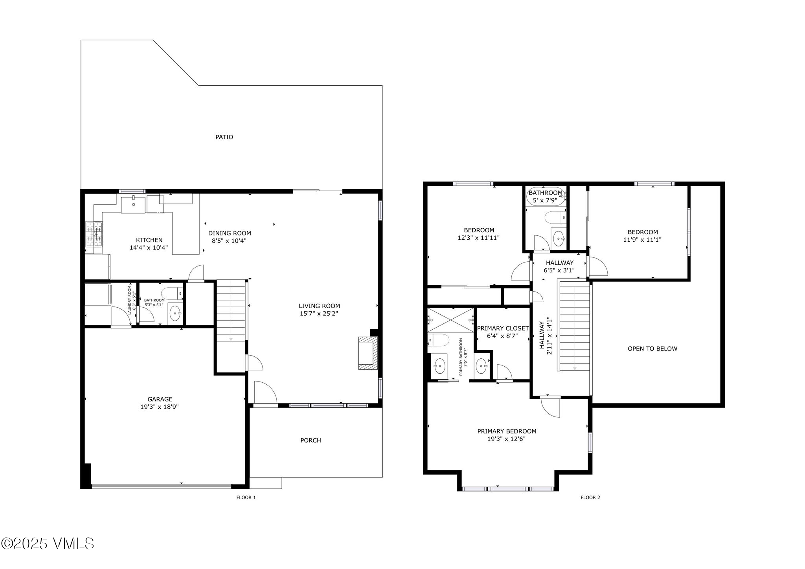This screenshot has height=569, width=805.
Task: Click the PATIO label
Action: pos(224,137)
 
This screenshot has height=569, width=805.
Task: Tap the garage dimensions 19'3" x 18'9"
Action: pos(160,407)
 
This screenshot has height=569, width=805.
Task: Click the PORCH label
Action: pos(311,441)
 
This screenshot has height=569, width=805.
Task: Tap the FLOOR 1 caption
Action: pos(246,497)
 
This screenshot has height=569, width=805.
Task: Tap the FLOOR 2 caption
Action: pos(590,497)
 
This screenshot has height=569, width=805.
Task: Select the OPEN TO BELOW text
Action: pos(652,349)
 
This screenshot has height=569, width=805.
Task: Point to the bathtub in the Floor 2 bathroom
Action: pos(546,196)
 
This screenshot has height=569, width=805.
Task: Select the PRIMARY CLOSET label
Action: pos(503,329)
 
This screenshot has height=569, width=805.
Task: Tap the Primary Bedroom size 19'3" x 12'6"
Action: pos(507,439)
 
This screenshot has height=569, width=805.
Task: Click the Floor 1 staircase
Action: pos(231,310)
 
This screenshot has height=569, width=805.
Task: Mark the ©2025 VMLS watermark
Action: pos(48,543)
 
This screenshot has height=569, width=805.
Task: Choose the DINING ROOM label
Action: pos(230,233)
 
